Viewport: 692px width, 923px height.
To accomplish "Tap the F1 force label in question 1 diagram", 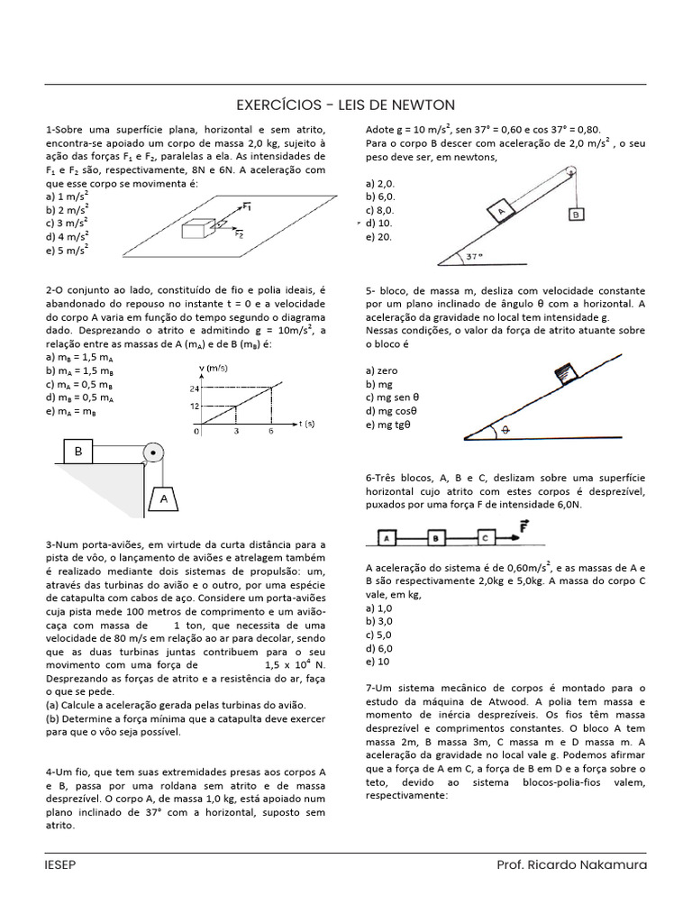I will pos(246,206).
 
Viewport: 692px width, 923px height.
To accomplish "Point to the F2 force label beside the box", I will pos(239,235).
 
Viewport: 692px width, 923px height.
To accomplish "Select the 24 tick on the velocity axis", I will pos(193,388).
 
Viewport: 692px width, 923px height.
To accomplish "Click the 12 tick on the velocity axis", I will pos(193,406).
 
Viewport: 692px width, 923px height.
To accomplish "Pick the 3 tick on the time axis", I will pos(235,433).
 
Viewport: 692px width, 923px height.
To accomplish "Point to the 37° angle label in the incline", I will pos(474,256).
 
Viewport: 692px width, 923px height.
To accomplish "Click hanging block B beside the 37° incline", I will pos(574,215).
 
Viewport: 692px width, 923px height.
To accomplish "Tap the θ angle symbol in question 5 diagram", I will pos(505,431).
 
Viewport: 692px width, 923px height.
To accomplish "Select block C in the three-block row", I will pos(485,538).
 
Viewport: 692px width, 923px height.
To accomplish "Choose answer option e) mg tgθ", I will pos(388,425).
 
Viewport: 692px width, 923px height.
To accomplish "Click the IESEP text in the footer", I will pos(60,865).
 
